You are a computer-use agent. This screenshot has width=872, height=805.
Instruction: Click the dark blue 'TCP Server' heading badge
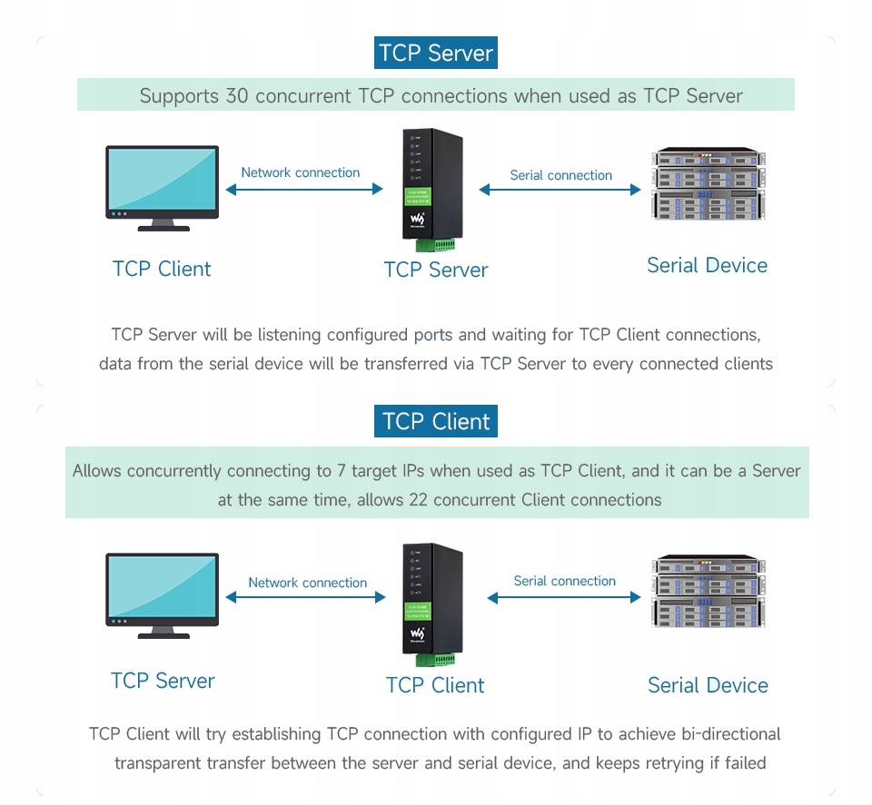[x=436, y=53]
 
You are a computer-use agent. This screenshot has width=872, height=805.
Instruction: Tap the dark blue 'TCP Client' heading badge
[x=436, y=422]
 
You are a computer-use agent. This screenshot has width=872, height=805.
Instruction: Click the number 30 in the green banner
[x=236, y=95]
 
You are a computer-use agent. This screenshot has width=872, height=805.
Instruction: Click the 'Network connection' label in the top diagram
[x=300, y=172]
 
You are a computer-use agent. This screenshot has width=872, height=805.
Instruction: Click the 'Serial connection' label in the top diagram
[x=560, y=175]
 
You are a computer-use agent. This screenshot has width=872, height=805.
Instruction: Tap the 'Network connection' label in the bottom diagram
[x=307, y=583]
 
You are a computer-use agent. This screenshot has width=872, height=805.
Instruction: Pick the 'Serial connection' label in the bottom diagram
[x=564, y=581]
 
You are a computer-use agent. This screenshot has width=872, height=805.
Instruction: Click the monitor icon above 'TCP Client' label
[x=163, y=187]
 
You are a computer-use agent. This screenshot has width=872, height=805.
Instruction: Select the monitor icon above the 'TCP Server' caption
[x=163, y=595]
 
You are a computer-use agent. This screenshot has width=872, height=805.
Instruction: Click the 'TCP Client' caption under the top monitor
[x=162, y=269]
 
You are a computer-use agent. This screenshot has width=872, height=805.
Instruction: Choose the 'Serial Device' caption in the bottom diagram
[x=708, y=685]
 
